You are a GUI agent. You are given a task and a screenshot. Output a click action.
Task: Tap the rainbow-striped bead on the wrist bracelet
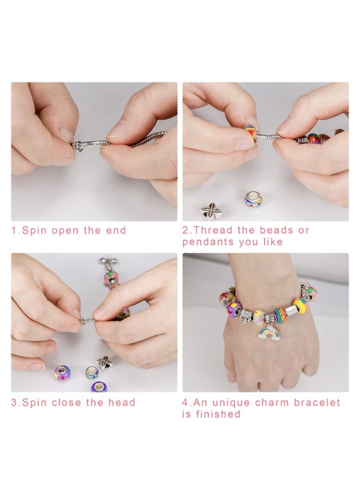pos(280,315)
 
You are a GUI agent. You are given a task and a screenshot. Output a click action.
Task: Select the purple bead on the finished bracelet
pos(234,309)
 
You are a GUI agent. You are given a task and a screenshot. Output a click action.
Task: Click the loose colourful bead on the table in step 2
pos(253,199)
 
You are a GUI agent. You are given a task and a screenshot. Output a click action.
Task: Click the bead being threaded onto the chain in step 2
pos(250,134)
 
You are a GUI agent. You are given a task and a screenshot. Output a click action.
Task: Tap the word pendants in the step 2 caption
pos(208,242)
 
